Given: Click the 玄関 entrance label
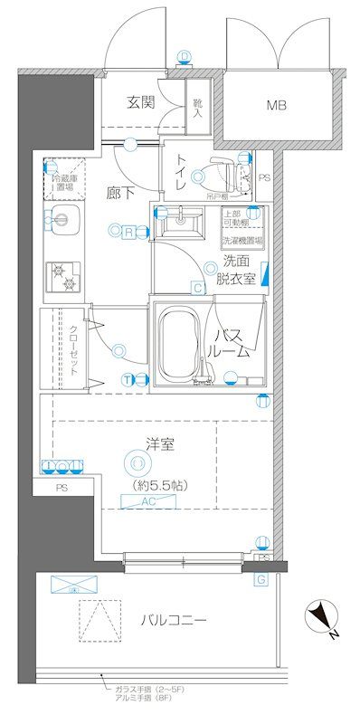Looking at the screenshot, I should click(x=140, y=102).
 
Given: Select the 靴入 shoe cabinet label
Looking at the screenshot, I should click(x=198, y=105).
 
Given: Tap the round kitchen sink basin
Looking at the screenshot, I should click(x=62, y=217).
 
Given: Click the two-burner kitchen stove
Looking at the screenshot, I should click(x=62, y=276).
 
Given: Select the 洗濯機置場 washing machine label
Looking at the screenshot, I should click(x=242, y=242).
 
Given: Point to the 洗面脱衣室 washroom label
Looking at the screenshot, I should click(x=239, y=270).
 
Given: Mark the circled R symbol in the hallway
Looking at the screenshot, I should click(x=131, y=233).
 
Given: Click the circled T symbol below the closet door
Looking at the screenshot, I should click(x=128, y=379).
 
